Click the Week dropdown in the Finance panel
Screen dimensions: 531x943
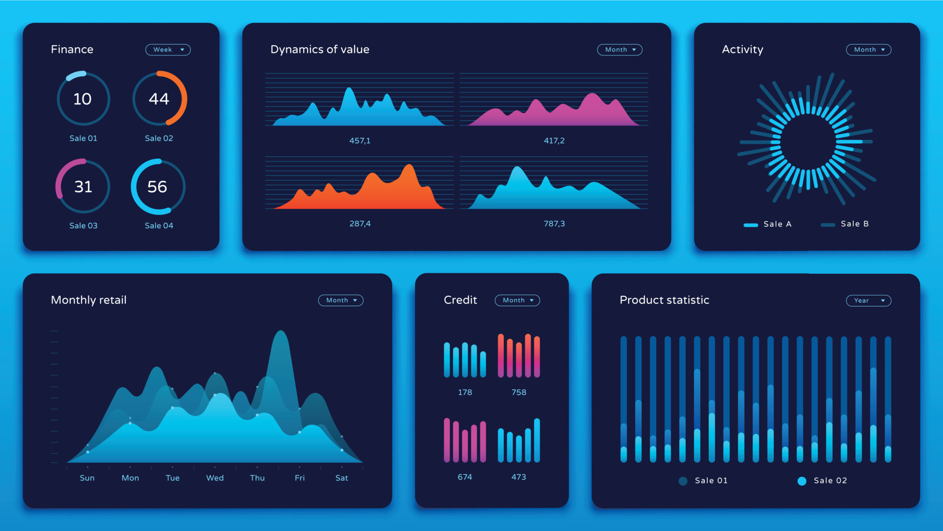(x=168, y=50)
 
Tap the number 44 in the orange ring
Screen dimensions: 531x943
(x=159, y=99)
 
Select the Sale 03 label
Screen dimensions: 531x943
(x=83, y=226)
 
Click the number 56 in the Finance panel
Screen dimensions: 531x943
(x=157, y=187)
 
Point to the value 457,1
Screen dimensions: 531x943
(x=360, y=141)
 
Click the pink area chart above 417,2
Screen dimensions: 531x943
(x=554, y=112)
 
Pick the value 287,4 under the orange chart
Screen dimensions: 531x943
(x=360, y=224)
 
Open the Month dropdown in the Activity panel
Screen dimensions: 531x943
(x=868, y=50)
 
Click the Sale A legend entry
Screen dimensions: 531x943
(x=768, y=224)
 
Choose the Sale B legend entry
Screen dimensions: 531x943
(x=846, y=224)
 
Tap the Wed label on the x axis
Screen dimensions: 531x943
(x=215, y=478)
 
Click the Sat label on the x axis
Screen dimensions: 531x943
(x=341, y=478)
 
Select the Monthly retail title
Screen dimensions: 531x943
(x=89, y=300)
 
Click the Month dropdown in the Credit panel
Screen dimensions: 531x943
(x=517, y=300)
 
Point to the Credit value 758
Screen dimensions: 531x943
(x=519, y=392)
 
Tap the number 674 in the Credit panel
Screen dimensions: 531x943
(x=465, y=477)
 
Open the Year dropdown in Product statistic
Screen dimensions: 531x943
(x=868, y=300)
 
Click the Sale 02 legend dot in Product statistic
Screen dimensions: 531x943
(x=802, y=481)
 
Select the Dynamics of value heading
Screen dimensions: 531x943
(x=320, y=50)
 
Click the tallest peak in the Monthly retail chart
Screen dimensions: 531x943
(x=281, y=334)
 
